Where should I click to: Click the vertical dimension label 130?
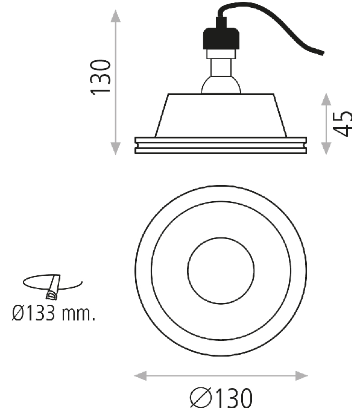point(100,76)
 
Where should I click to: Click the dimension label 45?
point(343,123)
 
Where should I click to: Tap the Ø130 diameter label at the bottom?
point(220,398)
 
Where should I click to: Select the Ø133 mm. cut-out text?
point(54,313)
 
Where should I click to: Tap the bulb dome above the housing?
point(221,84)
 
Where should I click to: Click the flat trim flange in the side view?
point(220,145)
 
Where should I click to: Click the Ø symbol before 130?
point(200,398)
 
